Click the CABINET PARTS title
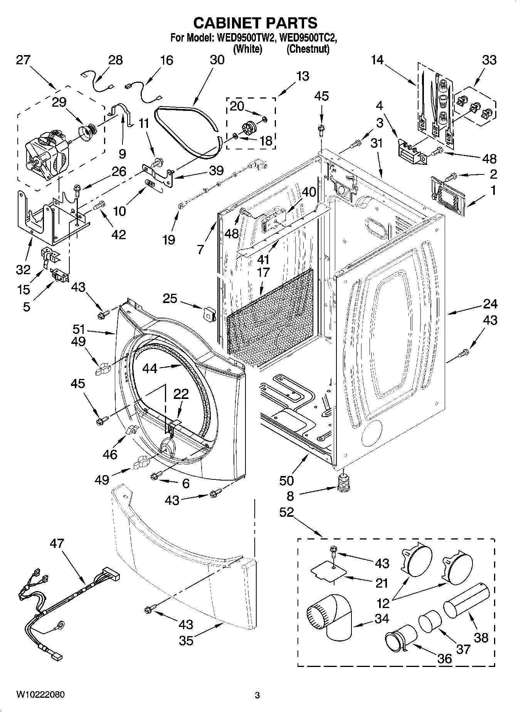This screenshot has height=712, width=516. point(255,23)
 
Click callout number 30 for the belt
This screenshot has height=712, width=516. point(217,60)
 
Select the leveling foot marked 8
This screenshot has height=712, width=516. point(343,483)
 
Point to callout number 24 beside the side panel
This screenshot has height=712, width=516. point(490,304)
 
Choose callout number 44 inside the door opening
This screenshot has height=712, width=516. point(150,368)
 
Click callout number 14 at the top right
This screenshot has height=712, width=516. point(378,60)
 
